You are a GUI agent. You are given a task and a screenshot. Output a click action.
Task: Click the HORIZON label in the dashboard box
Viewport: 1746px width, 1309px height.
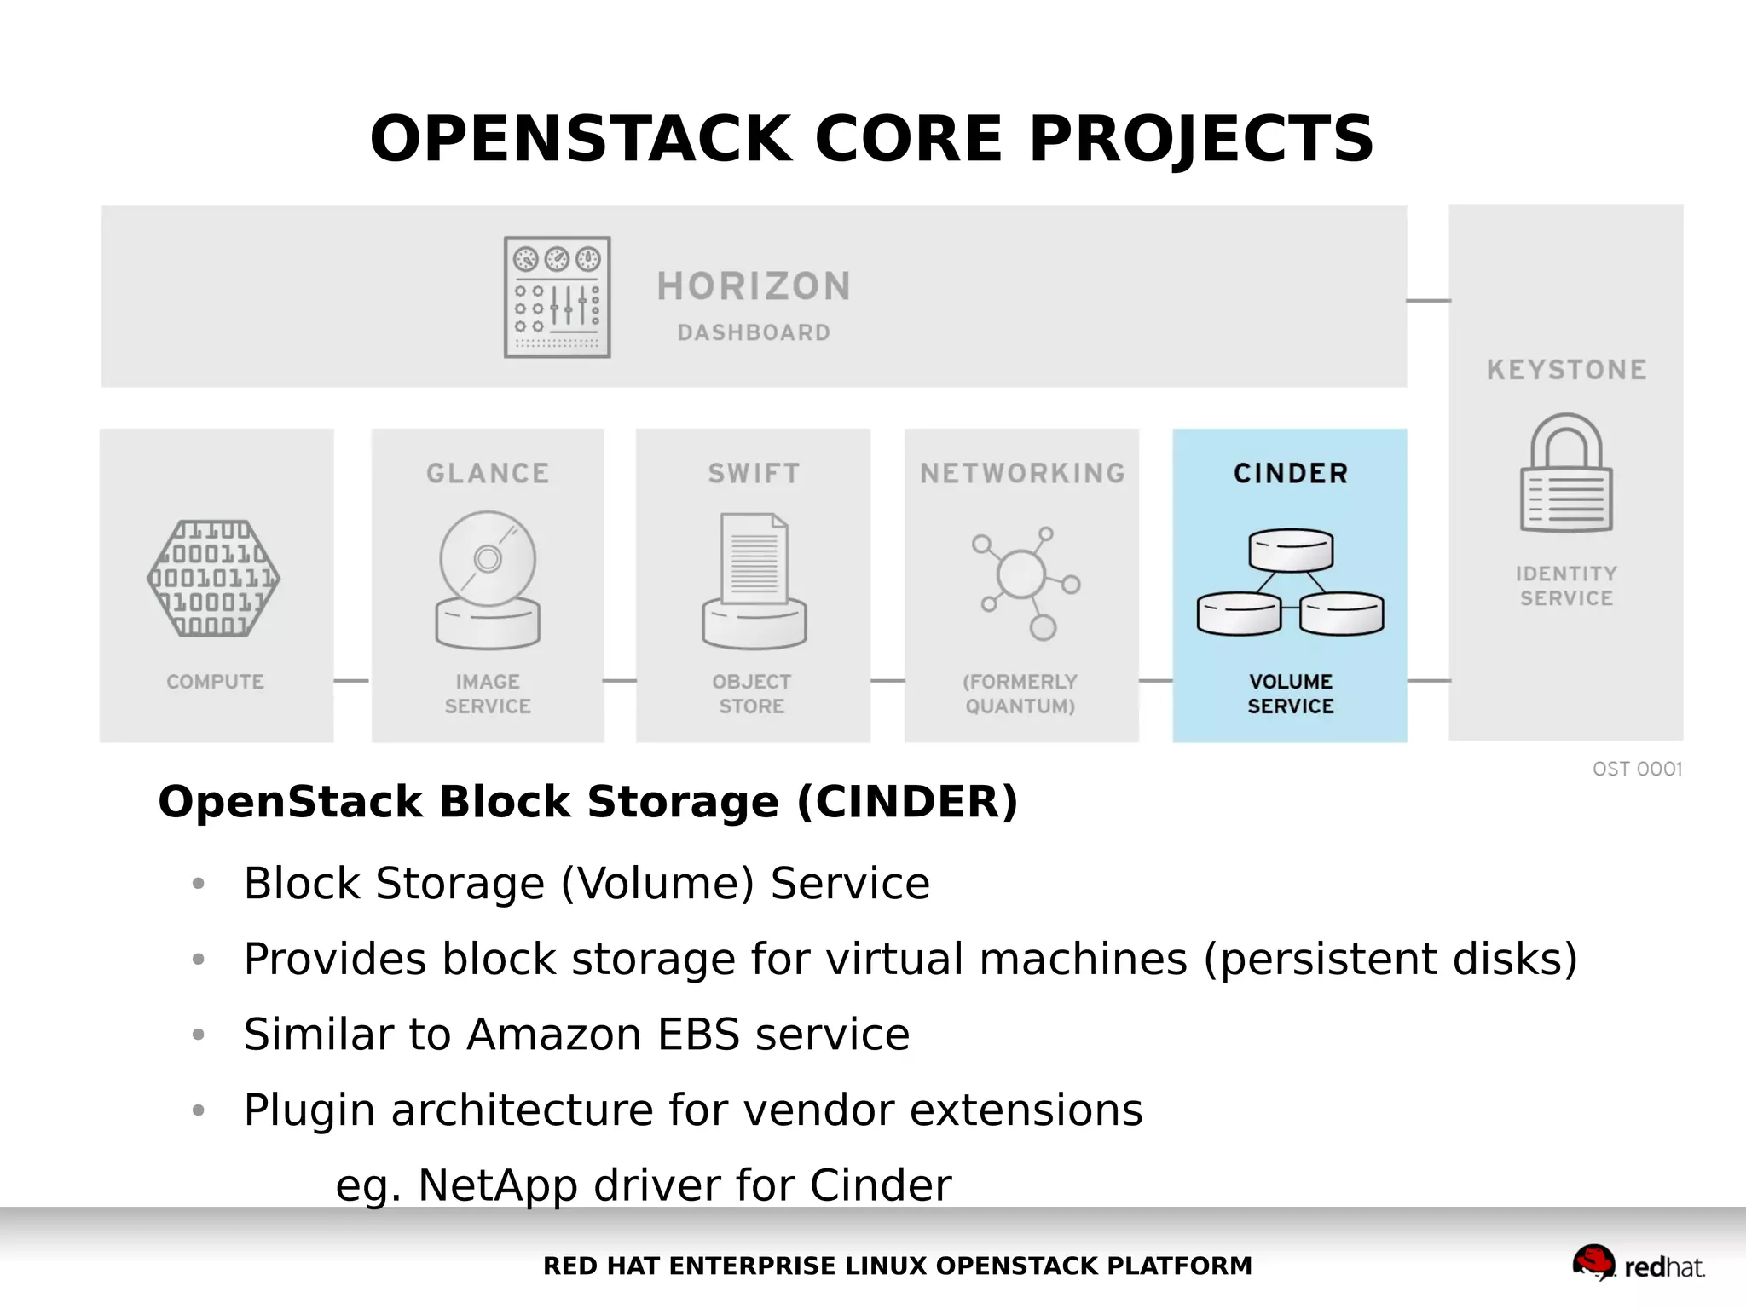tap(754, 286)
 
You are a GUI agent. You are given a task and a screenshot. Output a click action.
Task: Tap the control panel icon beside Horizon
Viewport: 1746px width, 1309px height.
tap(557, 297)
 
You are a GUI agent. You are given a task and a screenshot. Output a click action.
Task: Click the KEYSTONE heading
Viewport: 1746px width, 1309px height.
tap(1566, 370)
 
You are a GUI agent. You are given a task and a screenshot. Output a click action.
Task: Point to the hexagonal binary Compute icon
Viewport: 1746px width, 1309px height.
tap(213, 579)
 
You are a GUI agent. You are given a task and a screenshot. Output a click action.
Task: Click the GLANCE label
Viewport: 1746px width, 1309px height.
tap(488, 473)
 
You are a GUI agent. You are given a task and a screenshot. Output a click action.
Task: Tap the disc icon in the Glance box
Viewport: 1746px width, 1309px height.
tap(488, 560)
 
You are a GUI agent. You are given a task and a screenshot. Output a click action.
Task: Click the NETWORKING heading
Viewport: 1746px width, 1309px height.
tap(1022, 473)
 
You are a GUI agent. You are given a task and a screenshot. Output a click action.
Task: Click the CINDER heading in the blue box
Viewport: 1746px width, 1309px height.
tap(1291, 473)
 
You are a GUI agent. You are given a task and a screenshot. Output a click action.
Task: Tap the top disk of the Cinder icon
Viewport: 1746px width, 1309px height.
tap(1291, 550)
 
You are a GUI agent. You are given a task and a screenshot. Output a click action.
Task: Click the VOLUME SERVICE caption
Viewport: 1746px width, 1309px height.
tap(1291, 694)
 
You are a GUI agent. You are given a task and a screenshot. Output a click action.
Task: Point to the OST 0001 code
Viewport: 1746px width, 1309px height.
tap(1637, 769)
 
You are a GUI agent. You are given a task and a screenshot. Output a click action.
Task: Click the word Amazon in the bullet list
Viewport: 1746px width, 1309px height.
tap(554, 1035)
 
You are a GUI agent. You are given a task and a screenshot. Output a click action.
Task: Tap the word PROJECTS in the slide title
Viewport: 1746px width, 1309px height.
tap(1200, 139)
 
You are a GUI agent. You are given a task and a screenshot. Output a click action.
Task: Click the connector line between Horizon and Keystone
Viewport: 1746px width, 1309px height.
tap(1428, 300)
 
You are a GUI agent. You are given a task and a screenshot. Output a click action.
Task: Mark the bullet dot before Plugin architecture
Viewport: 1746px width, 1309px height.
tap(199, 1110)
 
